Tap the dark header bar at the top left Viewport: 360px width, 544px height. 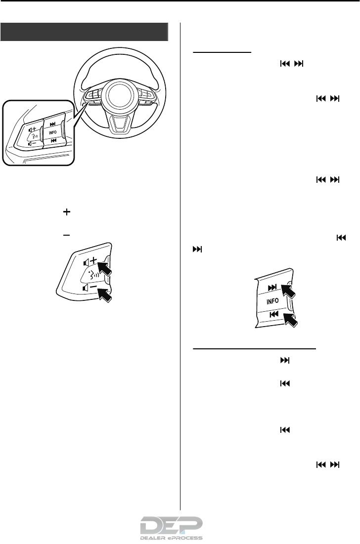click(84, 32)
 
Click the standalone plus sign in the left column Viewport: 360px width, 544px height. click(64, 211)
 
